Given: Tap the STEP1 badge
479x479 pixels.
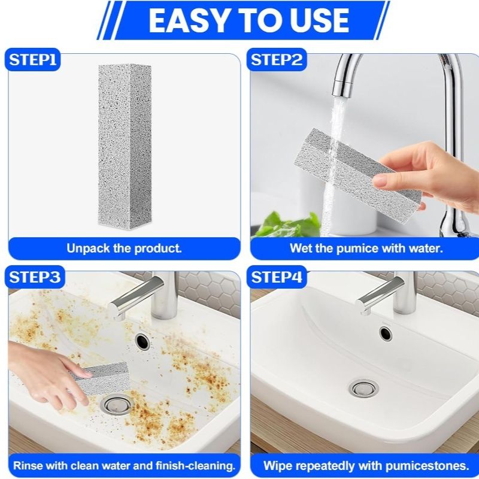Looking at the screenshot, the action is click(x=33, y=59).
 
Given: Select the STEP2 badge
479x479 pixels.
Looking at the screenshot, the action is click(x=277, y=59).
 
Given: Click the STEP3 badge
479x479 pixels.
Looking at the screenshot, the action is click(x=35, y=277).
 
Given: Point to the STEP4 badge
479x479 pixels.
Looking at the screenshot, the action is click(x=277, y=277).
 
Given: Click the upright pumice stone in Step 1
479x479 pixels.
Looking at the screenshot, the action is click(x=125, y=145).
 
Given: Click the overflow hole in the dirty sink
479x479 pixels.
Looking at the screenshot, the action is click(x=142, y=341).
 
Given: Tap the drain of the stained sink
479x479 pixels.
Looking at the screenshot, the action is click(x=115, y=405).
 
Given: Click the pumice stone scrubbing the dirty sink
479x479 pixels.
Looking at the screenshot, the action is click(x=99, y=378).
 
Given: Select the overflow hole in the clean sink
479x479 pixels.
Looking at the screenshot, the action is click(x=386, y=334).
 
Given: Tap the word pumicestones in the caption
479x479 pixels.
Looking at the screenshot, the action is click(x=427, y=466).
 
